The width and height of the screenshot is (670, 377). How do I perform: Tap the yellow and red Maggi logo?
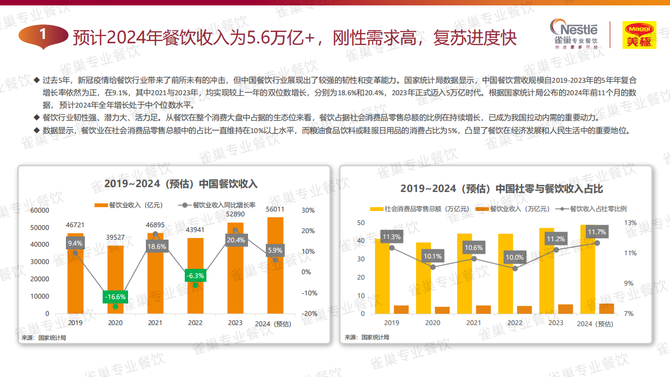(x=639, y=35)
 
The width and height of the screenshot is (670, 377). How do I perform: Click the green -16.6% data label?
(x=115, y=297)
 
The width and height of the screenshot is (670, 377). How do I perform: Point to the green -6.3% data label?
(x=195, y=276)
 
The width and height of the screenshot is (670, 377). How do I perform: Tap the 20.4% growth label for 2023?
(x=236, y=240)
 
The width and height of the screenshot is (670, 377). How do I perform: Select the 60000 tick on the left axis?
(x=39, y=210)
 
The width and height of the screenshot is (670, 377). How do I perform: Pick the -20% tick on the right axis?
(x=309, y=314)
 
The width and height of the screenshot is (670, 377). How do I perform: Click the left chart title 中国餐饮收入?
(x=181, y=184)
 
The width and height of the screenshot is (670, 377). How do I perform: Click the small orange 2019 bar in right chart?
(x=401, y=309)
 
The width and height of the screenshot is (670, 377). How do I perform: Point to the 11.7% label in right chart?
(x=597, y=232)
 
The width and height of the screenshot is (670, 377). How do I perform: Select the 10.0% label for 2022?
(x=514, y=257)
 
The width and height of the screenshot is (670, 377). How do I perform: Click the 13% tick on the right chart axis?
(x=631, y=222)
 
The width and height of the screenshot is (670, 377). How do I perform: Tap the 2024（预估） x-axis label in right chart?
(x=595, y=324)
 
